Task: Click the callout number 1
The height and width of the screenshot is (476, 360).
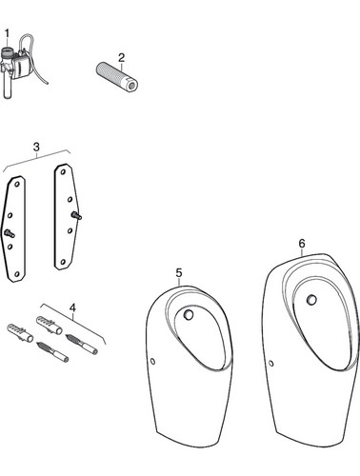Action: (x=7, y=33)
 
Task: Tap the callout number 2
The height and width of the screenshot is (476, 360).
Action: (x=121, y=58)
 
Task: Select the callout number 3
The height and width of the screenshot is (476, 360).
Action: (x=36, y=148)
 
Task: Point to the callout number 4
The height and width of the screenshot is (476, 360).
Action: (x=73, y=307)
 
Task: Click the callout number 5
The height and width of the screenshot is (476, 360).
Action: (x=179, y=272)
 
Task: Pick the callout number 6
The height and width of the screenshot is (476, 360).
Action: (x=302, y=244)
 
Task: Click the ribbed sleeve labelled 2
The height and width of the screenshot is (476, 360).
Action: (x=117, y=77)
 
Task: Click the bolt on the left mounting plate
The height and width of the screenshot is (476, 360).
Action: (x=9, y=234)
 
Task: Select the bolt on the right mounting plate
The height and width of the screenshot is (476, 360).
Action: (x=77, y=215)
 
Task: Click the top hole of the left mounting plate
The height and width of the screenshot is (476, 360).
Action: (x=18, y=184)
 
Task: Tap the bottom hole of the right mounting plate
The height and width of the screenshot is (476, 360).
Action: (x=63, y=262)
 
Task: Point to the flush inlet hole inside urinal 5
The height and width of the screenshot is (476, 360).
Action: (x=189, y=314)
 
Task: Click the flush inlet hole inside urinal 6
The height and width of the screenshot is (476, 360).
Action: (x=311, y=299)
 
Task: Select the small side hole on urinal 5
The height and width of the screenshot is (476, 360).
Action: (x=152, y=361)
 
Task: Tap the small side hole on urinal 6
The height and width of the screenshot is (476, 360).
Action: (x=271, y=364)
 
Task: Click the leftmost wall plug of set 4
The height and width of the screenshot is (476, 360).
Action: (x=20, y=332)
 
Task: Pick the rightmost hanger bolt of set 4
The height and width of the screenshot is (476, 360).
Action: (x=82, y=344)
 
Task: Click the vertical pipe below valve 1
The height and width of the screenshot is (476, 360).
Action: (x=8, y=88)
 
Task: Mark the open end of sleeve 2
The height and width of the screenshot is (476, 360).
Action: (x=132, y=86)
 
